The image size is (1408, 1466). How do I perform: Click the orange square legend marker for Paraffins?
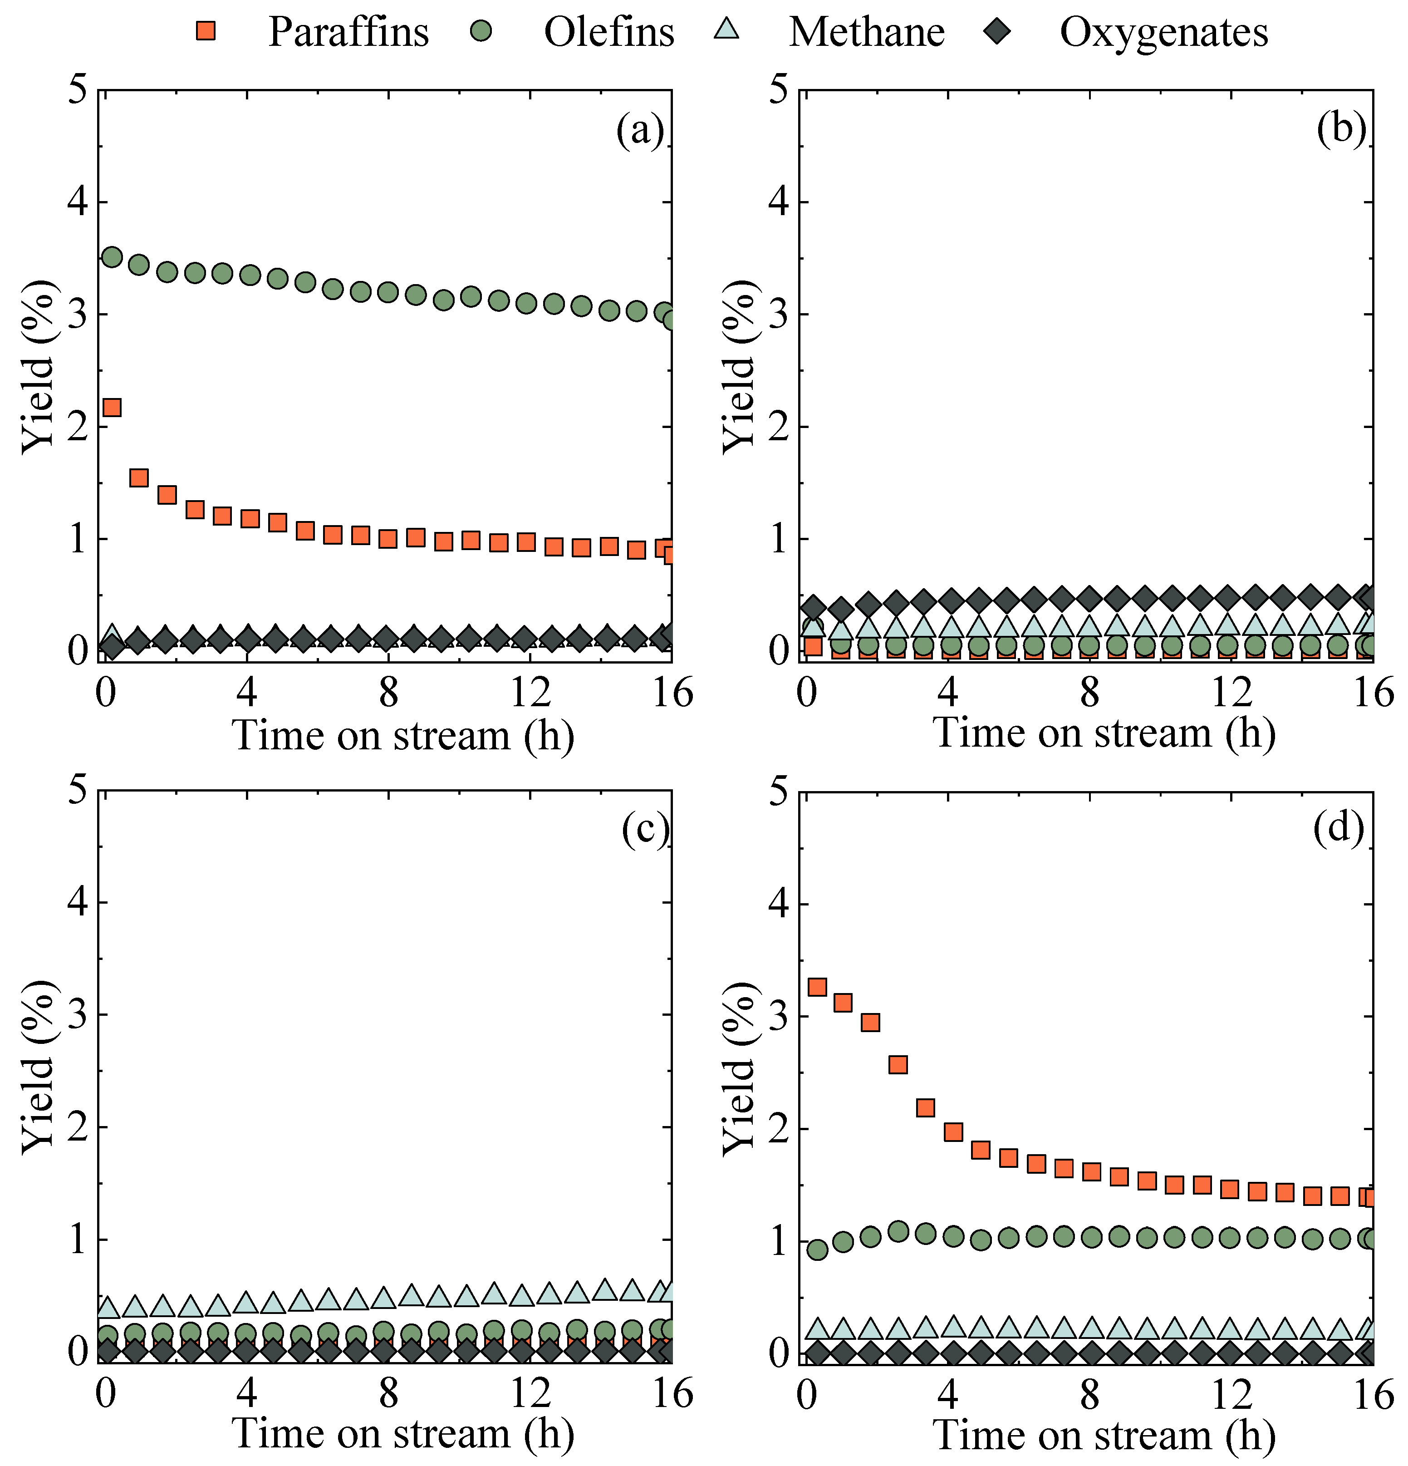[x=206, y=31]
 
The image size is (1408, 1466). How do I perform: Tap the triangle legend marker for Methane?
[x=727, y=30]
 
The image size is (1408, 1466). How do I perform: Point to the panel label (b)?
[x=1341, y=128]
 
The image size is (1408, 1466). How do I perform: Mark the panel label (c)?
[x=644, y=830]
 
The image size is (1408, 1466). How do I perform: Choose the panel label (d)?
[x=1339, y=828]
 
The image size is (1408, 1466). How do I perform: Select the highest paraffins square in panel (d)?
[x=817, y=987]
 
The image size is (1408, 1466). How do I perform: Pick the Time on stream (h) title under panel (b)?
[x=1104, y=733]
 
